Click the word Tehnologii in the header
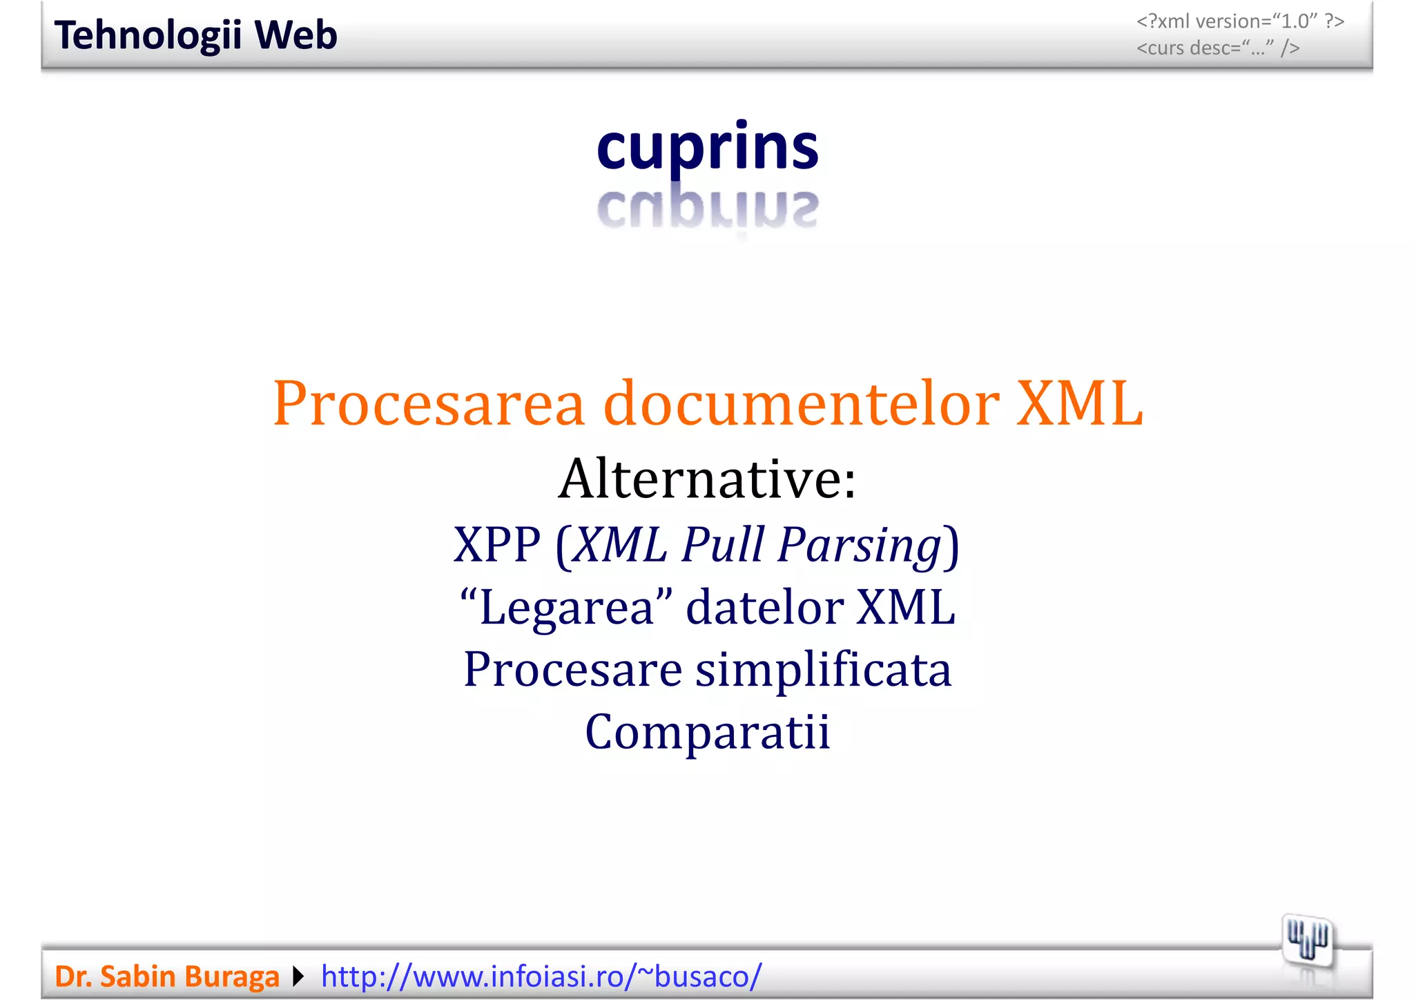tap(148, 35)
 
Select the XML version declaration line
tap(1240, 21)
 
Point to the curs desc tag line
tap(1218, 48)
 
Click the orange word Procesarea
tap(429, 404)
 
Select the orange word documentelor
tap(801, 404)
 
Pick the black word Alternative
tap(707, 479)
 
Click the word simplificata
tap(823, 670)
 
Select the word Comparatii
tap(707, 732)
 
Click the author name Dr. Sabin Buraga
tap(167, 977)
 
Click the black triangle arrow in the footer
tap(298, 977)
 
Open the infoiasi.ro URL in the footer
tap(541, 977)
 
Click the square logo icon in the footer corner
tap(1307, 940)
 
